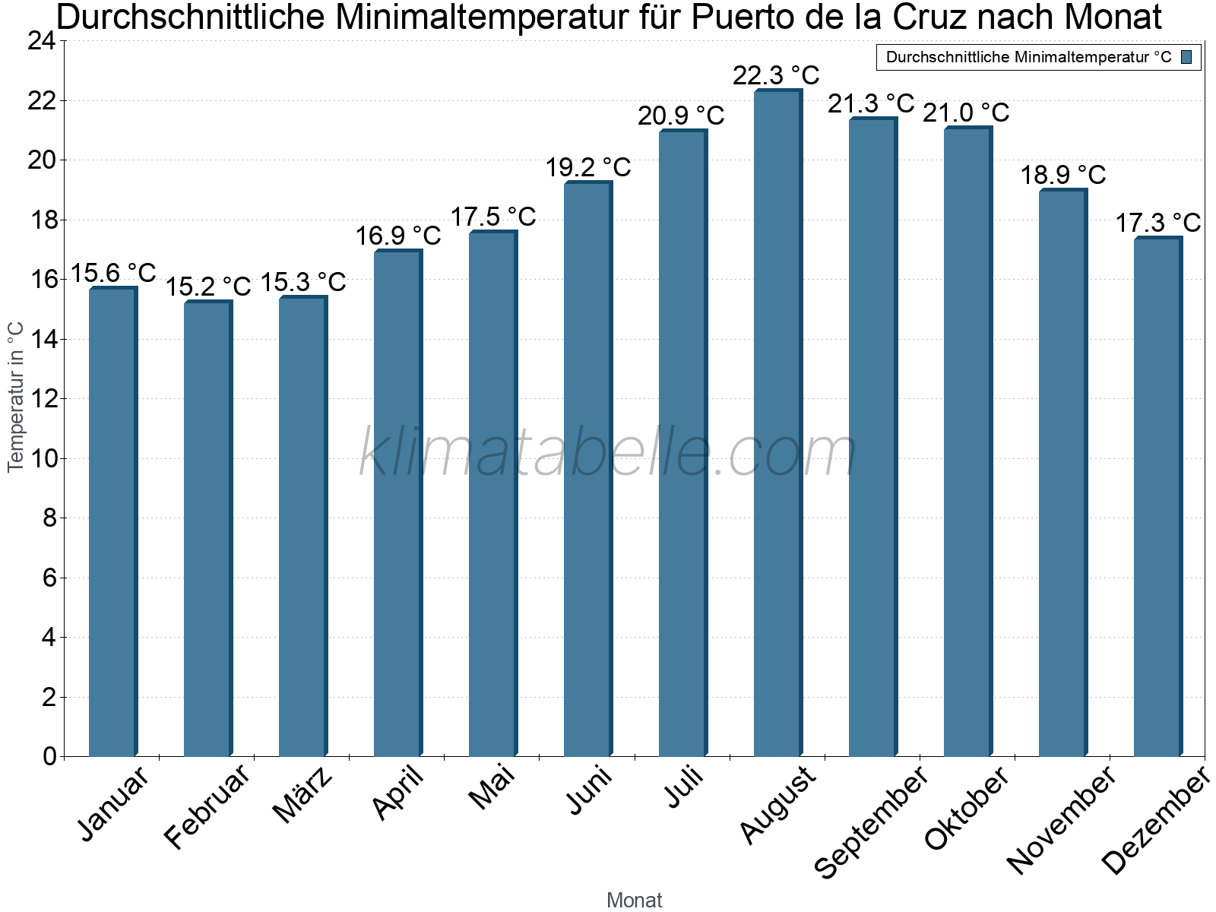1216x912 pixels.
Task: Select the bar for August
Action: [777, 423]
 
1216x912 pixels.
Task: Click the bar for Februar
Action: [207, 529]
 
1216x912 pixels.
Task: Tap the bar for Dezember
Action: [1157, 497]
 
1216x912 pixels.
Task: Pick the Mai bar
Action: [492, 494]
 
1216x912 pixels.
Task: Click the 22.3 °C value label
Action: [776, 75]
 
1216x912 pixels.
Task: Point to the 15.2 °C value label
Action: [207, 287]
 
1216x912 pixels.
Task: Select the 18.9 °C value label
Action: [1062, 175]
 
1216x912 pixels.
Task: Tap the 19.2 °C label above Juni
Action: [587, 167]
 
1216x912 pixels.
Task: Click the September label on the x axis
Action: [871, 821]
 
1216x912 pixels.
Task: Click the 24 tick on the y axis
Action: [42, 41]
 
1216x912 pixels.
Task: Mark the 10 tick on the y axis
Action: [42, 458]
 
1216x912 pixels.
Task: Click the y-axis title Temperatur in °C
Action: [16, 397]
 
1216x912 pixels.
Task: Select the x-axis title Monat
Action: [634, 900]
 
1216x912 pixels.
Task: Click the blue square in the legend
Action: [1186, 57]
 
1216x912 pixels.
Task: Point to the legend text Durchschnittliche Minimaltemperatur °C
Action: [1028, 57]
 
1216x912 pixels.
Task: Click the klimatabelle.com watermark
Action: [608, 453]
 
